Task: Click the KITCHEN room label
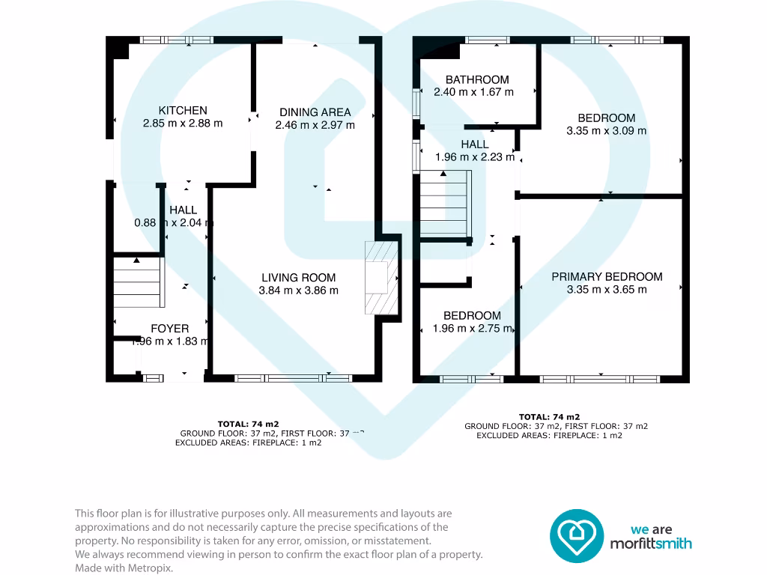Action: point(183,111)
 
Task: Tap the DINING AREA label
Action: point(315,112)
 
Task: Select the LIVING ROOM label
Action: point(298,277)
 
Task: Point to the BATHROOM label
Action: point(477,79)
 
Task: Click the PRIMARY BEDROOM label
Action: point(607,276)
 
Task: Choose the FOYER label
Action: point(170,328)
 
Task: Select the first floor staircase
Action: point(445,201)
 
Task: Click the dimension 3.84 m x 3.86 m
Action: point(298,290)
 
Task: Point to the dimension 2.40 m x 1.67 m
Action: point(474,92)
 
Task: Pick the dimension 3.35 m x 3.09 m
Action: point(607,130)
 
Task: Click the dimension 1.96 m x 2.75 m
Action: point(472,328)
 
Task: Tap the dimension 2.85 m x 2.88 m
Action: point(183,124)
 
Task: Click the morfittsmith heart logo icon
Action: point(577,535)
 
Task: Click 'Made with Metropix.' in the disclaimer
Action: point(124,568)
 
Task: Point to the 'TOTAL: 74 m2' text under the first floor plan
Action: point(550,417)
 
